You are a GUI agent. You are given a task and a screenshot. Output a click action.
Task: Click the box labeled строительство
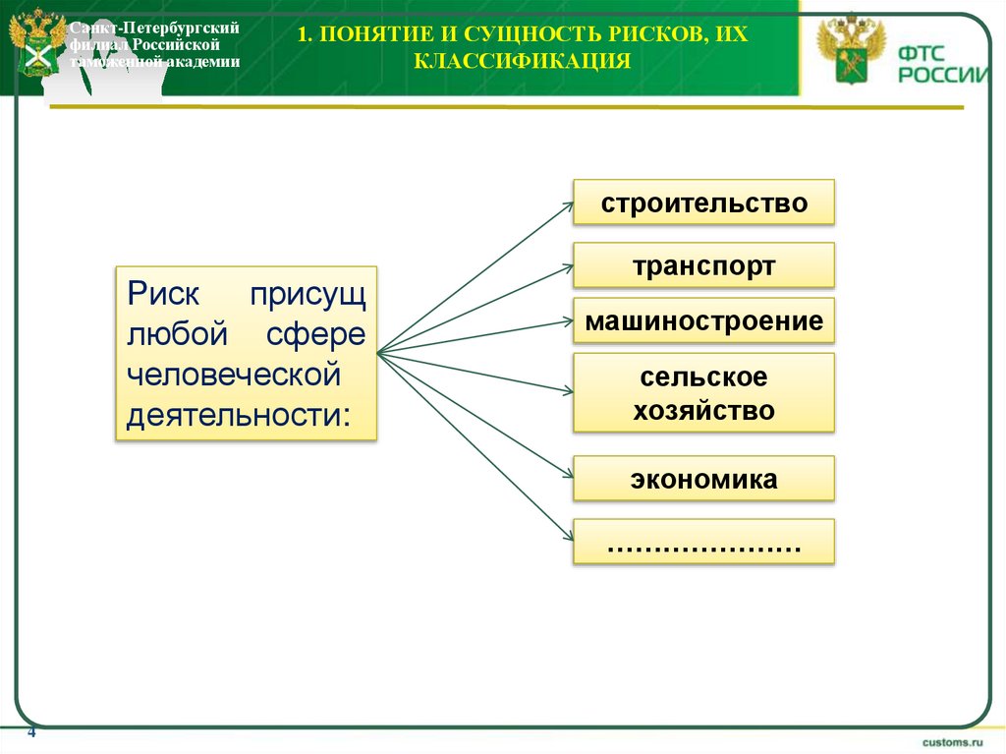tap(703, 203)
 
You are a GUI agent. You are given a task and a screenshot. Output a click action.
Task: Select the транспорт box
tap(703, 265)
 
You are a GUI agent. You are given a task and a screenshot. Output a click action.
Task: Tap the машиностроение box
tap(703, 320)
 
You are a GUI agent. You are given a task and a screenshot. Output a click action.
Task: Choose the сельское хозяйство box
tap(703, 392)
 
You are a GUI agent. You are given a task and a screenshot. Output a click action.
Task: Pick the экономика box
tap(703, 479)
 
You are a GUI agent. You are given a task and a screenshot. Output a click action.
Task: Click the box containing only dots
tap(703, 542)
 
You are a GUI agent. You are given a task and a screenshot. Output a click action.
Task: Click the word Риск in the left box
tap(164, 294)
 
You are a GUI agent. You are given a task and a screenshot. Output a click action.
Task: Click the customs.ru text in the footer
tap(951, 739)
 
